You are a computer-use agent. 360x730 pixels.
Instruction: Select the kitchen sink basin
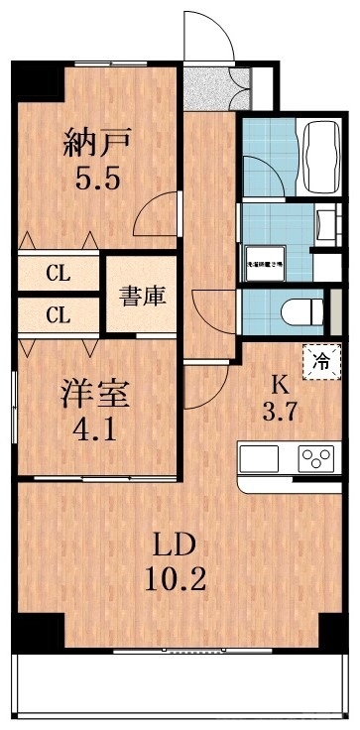click(x=262, y=457)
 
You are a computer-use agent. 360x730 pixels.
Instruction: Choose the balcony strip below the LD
click(x=179, y=685)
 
